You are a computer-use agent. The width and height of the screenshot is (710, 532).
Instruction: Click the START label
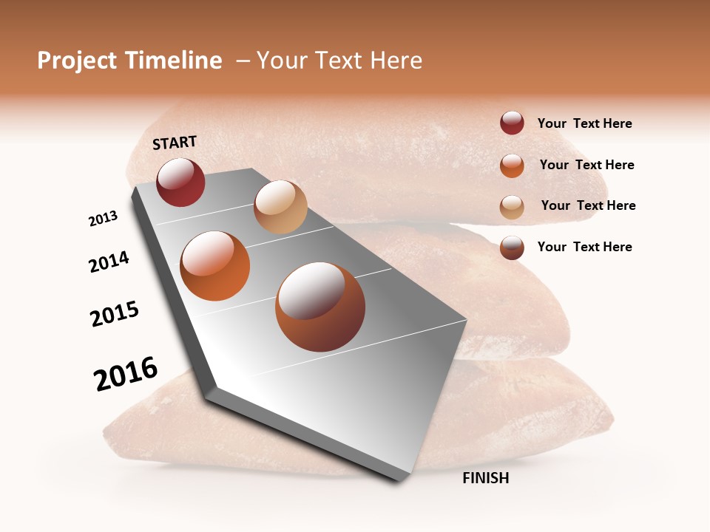(175, 142)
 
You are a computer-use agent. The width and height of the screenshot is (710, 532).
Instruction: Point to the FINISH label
(485, 478)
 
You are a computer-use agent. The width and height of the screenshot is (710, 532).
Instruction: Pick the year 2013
(103, 219)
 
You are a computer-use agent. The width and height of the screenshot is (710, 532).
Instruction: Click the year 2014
(109, 262)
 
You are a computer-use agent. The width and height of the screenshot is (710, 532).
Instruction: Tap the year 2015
(115, 314)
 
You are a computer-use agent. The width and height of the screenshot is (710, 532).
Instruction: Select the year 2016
(126, 374)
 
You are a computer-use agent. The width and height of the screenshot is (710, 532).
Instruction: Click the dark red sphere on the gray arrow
(180, 182)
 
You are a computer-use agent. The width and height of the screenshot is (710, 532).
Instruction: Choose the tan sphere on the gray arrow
(280, 207)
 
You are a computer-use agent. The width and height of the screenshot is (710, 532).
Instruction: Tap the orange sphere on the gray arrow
(215, 266)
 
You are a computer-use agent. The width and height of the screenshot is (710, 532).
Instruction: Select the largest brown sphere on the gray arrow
(319, 307)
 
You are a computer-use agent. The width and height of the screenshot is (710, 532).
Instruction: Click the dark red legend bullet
(512, 123)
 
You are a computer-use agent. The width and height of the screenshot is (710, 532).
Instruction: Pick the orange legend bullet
(512, 165)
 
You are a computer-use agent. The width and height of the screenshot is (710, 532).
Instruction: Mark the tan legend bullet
(512, 206)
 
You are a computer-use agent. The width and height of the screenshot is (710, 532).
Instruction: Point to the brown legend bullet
(512, 247)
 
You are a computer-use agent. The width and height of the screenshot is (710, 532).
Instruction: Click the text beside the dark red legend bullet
(584, 123)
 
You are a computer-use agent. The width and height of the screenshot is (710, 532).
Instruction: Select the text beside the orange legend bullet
(586, 165)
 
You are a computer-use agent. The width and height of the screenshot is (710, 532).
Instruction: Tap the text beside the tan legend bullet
(588, 205)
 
